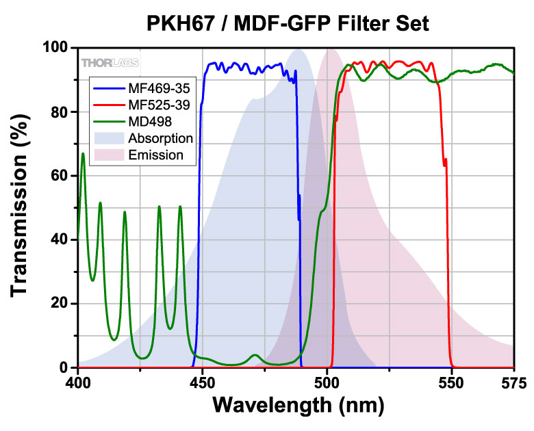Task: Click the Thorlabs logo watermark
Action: (x=110, y=63)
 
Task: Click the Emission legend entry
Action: (x=156, y=155)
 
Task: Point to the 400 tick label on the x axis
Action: (x=78, y=380)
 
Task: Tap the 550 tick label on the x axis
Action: (x=452, y=380)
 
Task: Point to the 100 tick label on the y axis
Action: (x=54, y=48)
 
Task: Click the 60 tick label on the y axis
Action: (x=60, y=176)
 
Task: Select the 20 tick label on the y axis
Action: (x=60, y=304)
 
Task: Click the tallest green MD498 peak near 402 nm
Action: (x=83, y=154)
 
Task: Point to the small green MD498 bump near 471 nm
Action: (x=255, y=355)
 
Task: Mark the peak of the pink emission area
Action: (x=331, y=49)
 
